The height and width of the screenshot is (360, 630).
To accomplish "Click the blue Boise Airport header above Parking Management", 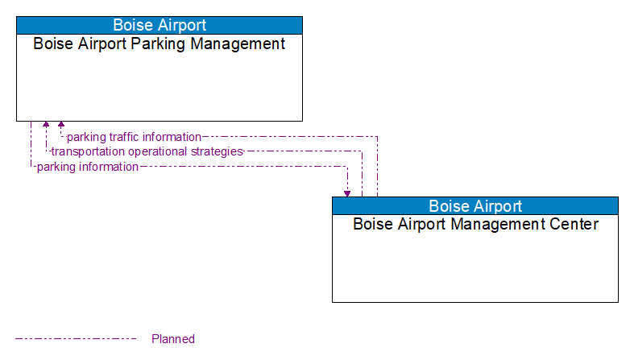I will click(160, 25).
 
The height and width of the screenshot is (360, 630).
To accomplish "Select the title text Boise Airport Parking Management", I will click(160, 43).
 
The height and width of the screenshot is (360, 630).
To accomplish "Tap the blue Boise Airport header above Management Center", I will click(475, 205).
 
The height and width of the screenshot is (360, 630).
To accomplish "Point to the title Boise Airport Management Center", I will click(475, 224).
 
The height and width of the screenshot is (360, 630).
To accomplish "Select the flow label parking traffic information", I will click(134, 137).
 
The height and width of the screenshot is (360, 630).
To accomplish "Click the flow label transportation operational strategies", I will click(147, 151).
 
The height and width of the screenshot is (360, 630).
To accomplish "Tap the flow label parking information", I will click(88, 167).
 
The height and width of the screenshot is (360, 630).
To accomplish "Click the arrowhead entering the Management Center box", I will click(347, 192).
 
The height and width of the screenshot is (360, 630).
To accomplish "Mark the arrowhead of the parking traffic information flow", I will click(61, 126).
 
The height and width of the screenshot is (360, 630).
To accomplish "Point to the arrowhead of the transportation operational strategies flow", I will click(46, 126).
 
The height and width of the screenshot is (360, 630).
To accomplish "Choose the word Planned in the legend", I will click(173, 339).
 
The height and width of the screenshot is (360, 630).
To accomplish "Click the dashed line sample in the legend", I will click(76, 339).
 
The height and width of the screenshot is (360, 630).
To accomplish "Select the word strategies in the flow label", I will click(217, 151).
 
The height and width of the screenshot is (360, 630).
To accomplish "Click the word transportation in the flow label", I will click(86, 151).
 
